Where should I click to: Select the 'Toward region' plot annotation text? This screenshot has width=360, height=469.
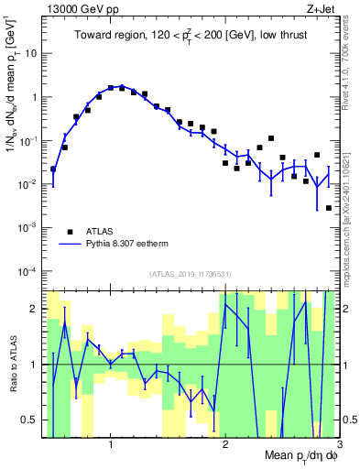pyautogui.click(x=191, y=36)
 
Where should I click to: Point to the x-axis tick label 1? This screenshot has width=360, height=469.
pyautogui.click(x=111, y=443)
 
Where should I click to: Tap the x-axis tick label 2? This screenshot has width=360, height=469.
pyautogui.click(x=225, y=443)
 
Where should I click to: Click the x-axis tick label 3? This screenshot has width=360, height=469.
pyautogui.click(x=339, y=443)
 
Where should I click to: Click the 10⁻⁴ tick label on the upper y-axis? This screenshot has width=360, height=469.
pyautogui.click(x=29, y=271)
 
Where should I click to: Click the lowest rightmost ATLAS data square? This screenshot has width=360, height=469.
pyautogui.click(x=329, y=208)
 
